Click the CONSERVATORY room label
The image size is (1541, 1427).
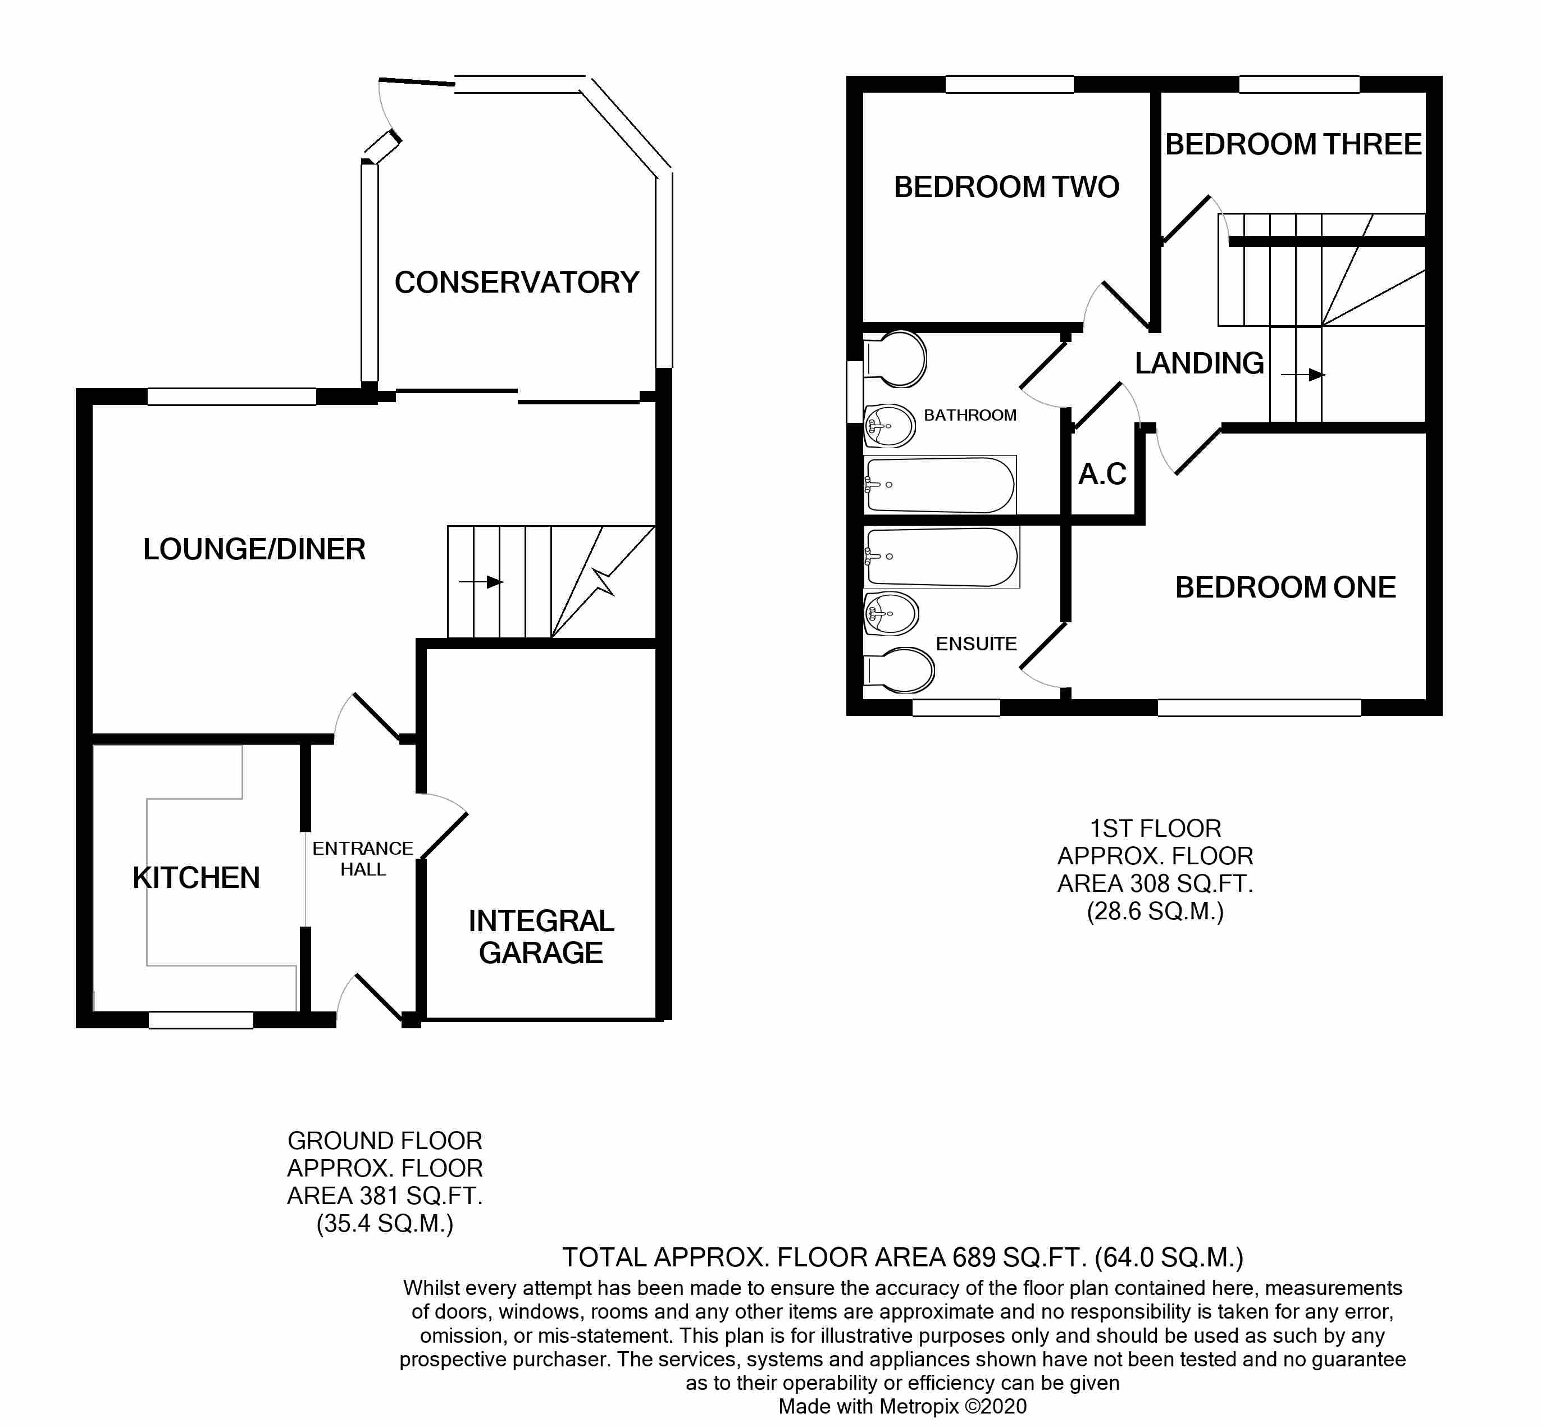tap(517, 282)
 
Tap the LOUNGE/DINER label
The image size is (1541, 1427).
tap(254, 550)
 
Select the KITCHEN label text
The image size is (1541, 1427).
tap(196, 878)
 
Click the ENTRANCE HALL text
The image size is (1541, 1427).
tap(363, 859)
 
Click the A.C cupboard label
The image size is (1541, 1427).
tap(1102, 474)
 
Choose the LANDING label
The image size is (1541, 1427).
tap(1199, 363)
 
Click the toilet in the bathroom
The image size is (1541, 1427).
tap(896, 359)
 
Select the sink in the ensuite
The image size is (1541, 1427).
tap(891, 614)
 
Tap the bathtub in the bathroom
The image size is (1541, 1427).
tap(940, 485)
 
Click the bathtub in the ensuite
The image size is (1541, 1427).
tap(942, 557)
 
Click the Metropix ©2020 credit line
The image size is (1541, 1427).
tap(902, 1406)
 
